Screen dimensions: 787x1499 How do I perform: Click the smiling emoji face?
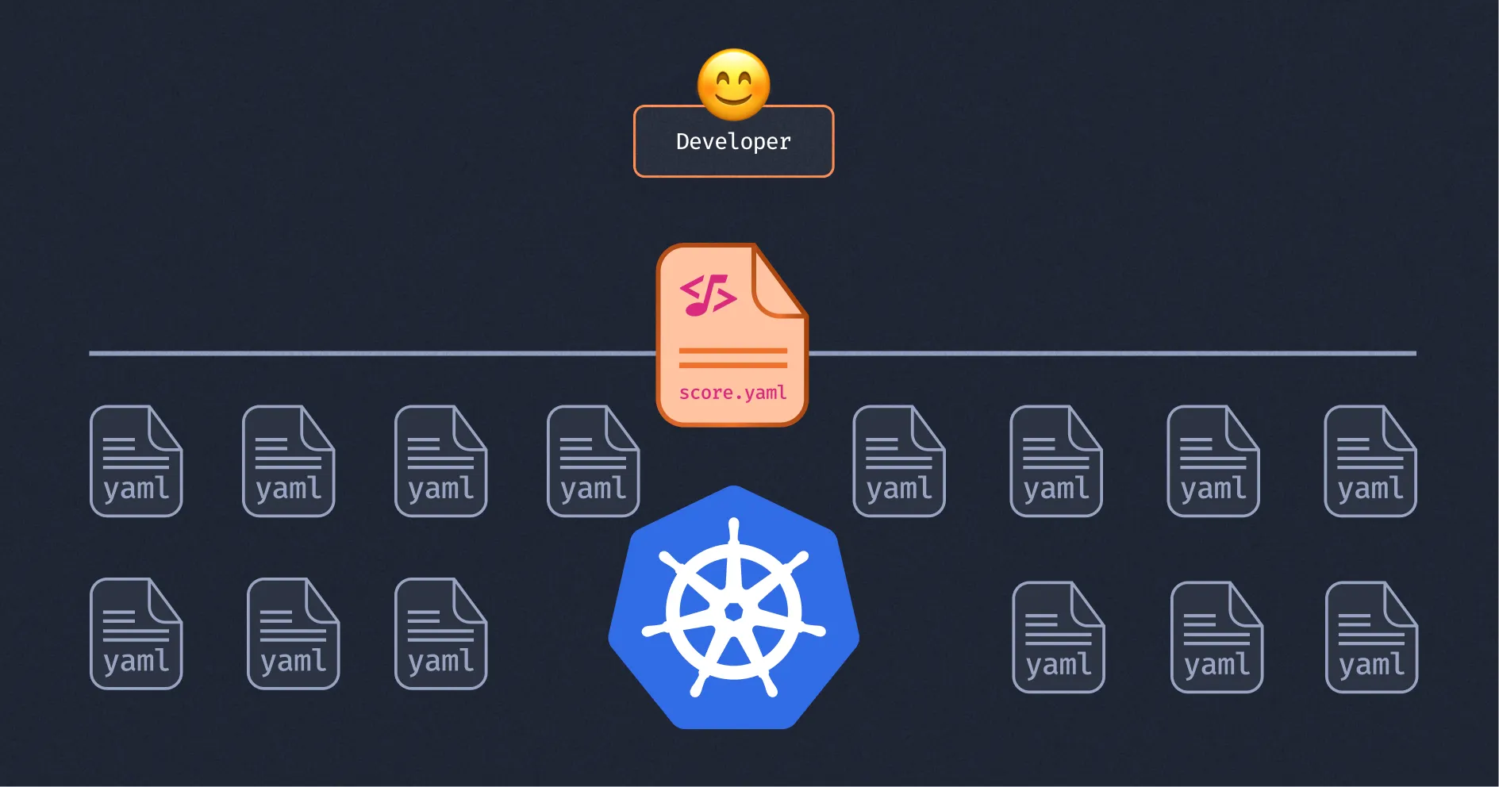point(733,84)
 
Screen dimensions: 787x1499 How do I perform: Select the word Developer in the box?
point(733,142)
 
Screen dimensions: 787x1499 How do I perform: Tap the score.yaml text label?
point(732,393)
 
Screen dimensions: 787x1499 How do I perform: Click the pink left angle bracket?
point(687,290)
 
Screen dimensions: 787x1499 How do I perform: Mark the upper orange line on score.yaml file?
point(732,350)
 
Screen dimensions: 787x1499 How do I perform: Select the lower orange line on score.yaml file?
point(732,365)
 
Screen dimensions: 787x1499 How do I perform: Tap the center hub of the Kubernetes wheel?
point(734,611)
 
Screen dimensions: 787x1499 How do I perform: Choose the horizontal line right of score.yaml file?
point(1111,353)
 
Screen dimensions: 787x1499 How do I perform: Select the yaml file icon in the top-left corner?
point(136,461)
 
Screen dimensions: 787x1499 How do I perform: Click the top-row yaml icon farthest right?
point(1370,461)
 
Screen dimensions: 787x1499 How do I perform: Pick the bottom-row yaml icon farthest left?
point(136,633)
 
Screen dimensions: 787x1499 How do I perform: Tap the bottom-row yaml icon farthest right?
point(1371,637)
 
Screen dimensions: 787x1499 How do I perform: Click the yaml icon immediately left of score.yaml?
point(593,461)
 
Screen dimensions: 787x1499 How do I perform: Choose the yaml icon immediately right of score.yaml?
point(898,461)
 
